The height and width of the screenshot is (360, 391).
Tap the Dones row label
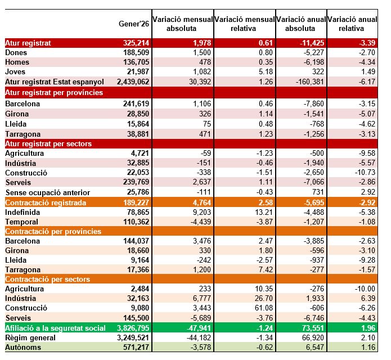[x=16, y=52]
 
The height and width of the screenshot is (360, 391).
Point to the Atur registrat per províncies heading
[x=54, y=92]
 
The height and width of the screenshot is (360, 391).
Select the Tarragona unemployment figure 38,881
[x=137, y=134]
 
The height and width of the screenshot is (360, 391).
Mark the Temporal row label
[x=21, y=222]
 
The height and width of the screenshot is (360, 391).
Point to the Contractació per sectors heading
[x=52, y=279]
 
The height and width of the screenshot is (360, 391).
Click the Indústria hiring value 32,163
[x=138, y=298]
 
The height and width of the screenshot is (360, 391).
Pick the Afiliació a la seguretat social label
[x=55, y=328]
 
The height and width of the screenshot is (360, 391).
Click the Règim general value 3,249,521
[x=133, y=337]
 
